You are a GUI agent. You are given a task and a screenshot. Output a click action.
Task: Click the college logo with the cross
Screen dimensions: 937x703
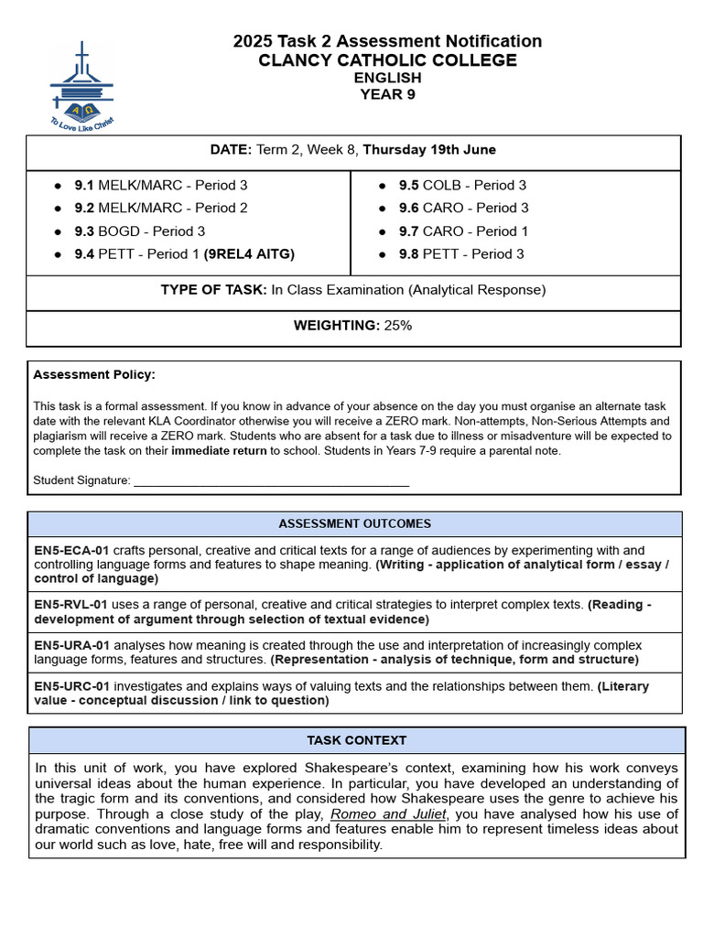pyautogui.click(x=82, y=85)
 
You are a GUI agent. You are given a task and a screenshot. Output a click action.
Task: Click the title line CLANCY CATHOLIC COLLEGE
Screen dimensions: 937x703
pyautogui.click(x=387, y=60)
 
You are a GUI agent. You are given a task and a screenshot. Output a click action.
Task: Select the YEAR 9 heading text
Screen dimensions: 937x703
pyautogui.click(x=387, y=94)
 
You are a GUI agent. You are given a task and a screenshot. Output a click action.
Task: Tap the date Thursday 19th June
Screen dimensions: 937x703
pyautogui.click(x=429, y=149)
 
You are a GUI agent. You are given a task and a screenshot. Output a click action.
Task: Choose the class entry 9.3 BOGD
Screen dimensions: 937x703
pyautogui.click(x=139, y=232)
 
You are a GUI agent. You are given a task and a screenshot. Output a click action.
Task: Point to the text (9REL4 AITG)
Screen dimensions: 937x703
pyautogui.click(x=249, y=254)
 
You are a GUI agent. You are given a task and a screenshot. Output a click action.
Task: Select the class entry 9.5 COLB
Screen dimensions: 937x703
pyautogui.click(x=462, y=185)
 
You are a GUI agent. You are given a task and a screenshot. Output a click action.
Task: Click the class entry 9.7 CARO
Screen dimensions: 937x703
pyautogui.click(x=463, y=232)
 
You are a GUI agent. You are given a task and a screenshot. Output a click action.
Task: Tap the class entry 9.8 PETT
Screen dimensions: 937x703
pyautogui.click(x=461, y=254)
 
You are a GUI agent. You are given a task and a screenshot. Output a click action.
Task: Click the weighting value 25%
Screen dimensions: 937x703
pyautogui.click(x=397, y=326)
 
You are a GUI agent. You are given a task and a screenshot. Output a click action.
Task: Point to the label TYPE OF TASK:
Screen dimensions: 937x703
pyautogui.click(x=213, y=290)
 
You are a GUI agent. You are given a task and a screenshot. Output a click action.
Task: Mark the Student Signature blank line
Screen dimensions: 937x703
pyautogui.click(x=271, y=481)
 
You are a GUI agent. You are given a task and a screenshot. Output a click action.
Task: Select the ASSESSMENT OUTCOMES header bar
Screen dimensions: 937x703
pyautogui.click(x=354, y=524)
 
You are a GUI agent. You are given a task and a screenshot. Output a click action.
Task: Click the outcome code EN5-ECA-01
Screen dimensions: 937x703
pyautogui.click(x=71, y=551)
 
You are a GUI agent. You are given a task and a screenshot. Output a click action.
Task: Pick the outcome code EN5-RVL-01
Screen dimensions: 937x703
pyautogui.click(x=71, y=605)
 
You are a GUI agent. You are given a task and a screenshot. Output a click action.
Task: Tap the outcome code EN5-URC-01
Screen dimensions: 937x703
pyautogui.click(x=71, y=686)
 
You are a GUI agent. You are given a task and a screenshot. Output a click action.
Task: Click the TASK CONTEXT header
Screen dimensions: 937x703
pyautogui.click(x=356, y=740)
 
